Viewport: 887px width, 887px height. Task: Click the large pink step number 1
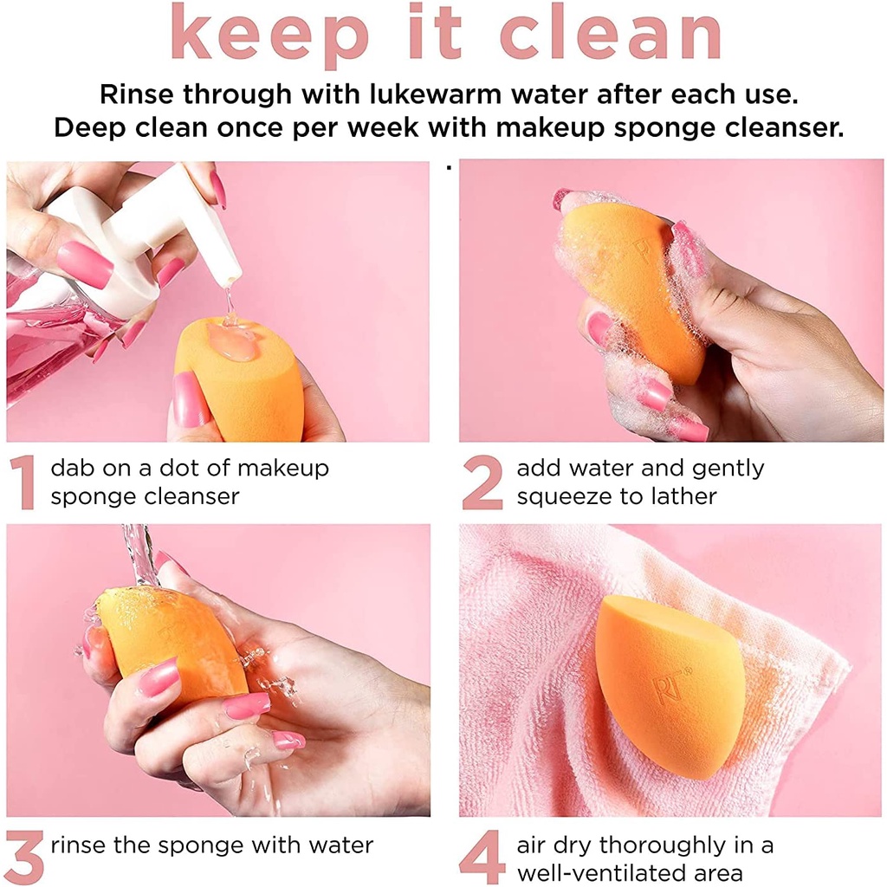click(23, 482)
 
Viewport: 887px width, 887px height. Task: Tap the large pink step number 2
click(482, 482)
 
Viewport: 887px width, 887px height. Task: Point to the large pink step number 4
click(482, 858)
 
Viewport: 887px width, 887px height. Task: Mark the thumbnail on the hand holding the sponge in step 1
click(187, 400)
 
